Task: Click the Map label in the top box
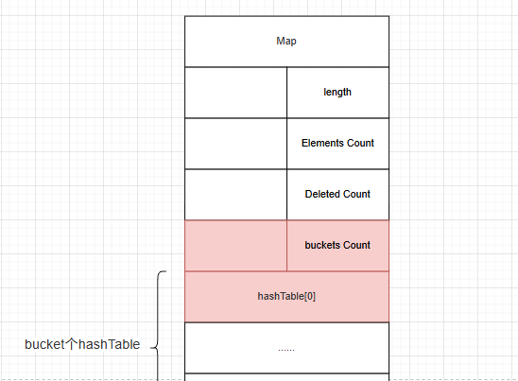(x=286, y=42)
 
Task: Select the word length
(x=337, y=93)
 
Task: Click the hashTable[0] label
(x=286, y=296)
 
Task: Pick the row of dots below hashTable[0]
(x=286, y=349)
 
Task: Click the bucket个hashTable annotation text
(x=82, y=344)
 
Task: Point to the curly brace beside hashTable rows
(x=158, y=326)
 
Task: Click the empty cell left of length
(x=236, y=93)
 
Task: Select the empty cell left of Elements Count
(x=236, y=144)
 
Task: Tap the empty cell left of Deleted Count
(x=236, y=195)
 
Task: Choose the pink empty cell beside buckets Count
(x=236, y=246)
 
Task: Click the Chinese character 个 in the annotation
(x=71, y=344)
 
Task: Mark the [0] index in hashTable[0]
(x=310, y=296)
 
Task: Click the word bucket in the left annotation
(x=44, y=344)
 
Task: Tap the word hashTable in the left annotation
(x=110, y=344)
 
